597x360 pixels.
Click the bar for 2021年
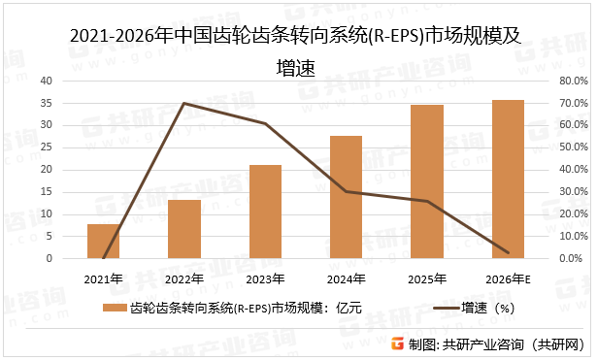[103, 242]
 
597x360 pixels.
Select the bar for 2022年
[184, 229]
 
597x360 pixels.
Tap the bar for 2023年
[265, 212]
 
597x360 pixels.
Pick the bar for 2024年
[346, 197]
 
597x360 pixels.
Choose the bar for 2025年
[427, 181]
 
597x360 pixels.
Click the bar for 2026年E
[508, 180]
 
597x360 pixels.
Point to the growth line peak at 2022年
[184, 103]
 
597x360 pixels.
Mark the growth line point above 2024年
[346, 191]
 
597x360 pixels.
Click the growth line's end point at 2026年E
[508, 252]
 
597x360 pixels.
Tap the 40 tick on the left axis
[47, 81]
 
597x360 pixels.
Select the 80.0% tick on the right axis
[570, 81]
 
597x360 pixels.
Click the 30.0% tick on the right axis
[570, 192]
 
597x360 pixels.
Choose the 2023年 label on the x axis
[265, 279]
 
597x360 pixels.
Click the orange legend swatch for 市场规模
[115, 309]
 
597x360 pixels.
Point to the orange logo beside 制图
[397, 344]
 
